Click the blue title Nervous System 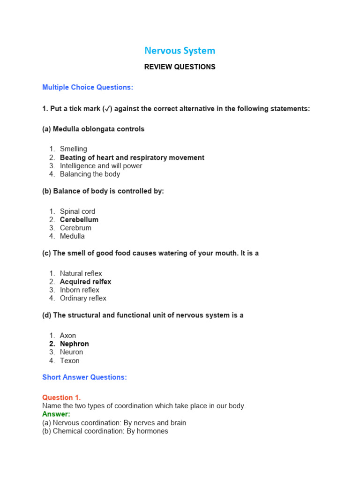[180, 51]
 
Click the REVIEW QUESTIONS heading [180, 67]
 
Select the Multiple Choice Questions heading [88, 87]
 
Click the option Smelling [73, 149]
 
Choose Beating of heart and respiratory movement [132, 157]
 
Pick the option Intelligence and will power [101, 166]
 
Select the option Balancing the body [90, 174]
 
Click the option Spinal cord [77, 211]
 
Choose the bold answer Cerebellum [79, 220]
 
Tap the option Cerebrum [75, 228]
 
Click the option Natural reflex [81, 274]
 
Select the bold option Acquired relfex [85, 282]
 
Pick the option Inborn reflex [79, 290]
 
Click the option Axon [67, 336]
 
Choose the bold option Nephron [74, 344]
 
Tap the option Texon [69, 361]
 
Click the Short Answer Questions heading [84, 377]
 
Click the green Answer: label [56, 414]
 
